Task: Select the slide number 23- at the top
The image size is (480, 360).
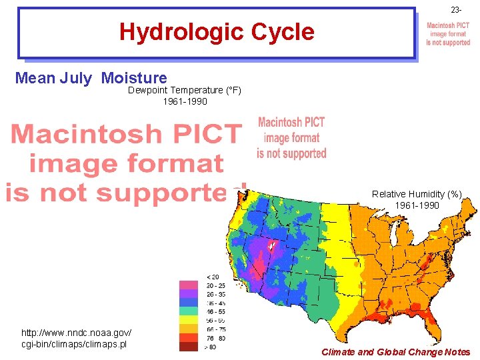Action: point(456,10)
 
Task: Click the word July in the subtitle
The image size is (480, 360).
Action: point(76,79)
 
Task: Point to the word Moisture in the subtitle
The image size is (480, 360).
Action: point(134,79)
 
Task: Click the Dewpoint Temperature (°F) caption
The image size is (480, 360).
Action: point(185,90)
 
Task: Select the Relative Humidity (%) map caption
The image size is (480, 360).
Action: point(417,194)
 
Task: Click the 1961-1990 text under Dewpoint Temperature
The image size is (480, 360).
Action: point(185,102)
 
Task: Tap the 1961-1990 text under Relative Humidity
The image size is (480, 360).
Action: point(417,205)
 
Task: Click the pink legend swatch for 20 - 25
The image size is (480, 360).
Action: point(189,285)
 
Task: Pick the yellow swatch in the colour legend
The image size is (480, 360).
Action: point(189,319)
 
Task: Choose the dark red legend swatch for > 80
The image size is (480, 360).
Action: point(189,346)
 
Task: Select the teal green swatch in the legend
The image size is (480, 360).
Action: point(189,311)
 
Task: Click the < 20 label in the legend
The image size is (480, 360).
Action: point(212,277)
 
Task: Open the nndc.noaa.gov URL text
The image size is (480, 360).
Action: point(76,338)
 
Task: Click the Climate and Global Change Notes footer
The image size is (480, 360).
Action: point(395,352)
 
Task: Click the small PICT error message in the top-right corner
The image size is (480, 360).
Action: point(448,34)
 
